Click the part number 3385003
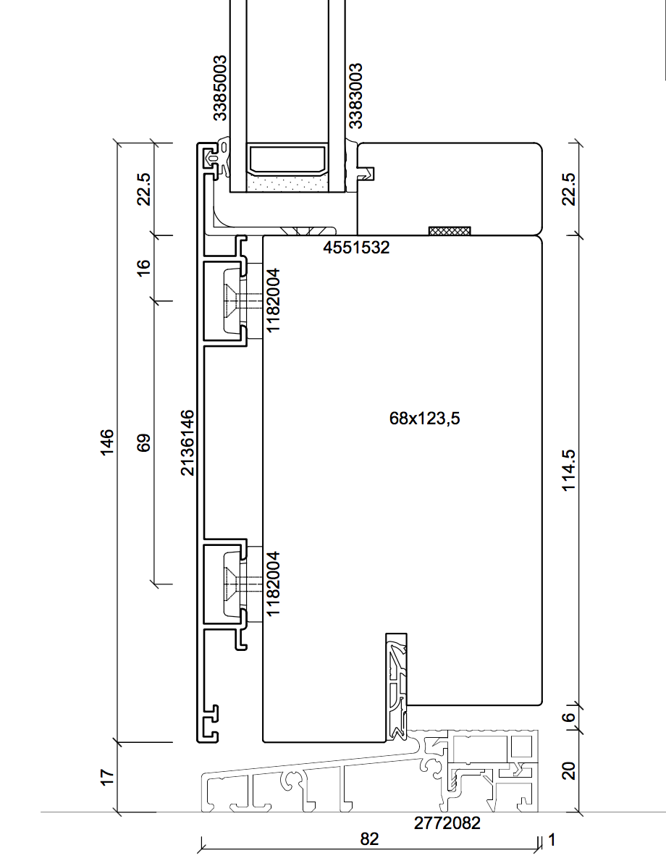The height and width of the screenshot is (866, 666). pos(220,88)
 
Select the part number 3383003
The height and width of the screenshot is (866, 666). pos(355,96)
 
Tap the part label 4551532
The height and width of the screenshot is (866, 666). pos(356,248)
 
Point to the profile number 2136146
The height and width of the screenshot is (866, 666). pos(187,442)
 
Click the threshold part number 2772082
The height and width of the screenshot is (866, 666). pos(447,823)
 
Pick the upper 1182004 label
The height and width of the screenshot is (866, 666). pos(274,300)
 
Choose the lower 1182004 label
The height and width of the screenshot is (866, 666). pos(274,583)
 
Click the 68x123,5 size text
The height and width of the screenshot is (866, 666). pos(425,418)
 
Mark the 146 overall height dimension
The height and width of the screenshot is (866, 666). pos(106,442)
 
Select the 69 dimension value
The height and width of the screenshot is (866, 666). pos(143,442)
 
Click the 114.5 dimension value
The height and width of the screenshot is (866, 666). pos(569,470)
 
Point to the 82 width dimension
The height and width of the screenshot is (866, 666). pos(369,839)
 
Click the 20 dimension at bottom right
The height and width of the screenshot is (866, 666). pos(569,771)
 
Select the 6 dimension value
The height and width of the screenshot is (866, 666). pos(569,718)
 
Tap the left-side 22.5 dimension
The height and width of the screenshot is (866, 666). pos(143,189)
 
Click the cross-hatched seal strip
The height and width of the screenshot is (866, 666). pos(450,231)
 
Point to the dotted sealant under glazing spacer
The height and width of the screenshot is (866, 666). pos(287,184)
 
